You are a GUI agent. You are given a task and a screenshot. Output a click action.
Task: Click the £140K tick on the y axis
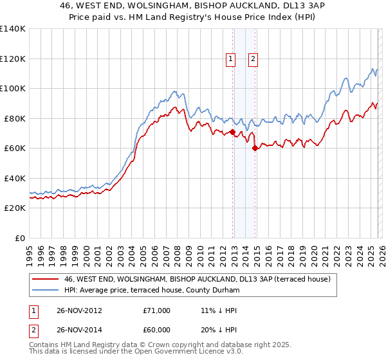[13, 29]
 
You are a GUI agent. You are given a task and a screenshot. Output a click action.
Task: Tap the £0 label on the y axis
[21, 238]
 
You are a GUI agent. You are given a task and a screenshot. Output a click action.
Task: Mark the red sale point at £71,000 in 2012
[232, 132]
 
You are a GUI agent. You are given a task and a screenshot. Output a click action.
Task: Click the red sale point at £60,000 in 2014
[255, 148]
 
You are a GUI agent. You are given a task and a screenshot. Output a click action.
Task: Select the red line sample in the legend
[45, 280]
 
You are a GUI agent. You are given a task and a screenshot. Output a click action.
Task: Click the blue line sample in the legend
[45, 291]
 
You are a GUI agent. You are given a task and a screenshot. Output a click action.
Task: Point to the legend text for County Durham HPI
[152, 291]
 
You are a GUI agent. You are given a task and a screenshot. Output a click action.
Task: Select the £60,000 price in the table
[156, 331]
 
